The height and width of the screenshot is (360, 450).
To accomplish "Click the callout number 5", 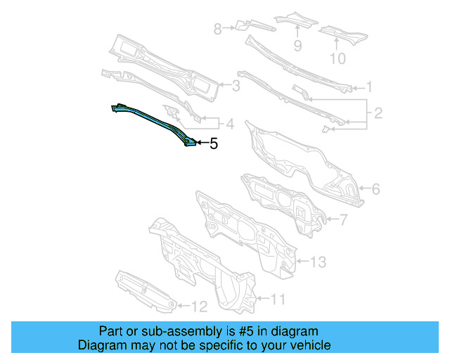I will click(214, 144).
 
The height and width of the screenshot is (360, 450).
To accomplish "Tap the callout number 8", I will click(217, 29).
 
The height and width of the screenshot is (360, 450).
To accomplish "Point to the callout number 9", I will click(297, 46).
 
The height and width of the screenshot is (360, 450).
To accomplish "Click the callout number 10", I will click(337, 58).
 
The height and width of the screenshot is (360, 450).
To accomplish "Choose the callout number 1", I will click(368, 88).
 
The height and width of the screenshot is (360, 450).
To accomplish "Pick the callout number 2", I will click(378, 113).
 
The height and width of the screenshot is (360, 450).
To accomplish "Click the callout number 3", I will click(236, 86).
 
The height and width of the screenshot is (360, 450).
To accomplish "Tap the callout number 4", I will click(229, 124).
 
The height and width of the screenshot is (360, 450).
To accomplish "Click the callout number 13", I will click(318, 262).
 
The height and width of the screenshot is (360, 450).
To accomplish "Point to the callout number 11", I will click(278, 300).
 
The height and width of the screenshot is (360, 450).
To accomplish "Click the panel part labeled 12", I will click(144, 290).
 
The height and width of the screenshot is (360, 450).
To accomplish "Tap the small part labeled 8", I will click(238, 27).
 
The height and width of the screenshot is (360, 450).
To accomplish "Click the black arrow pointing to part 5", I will click(200, 143).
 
